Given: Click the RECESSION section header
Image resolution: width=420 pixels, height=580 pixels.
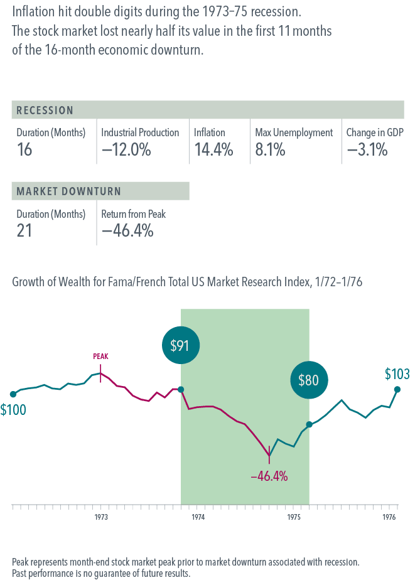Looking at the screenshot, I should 45,110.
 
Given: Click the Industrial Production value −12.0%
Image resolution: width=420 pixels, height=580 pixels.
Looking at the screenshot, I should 126,150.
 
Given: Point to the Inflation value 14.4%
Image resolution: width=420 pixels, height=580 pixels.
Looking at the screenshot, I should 213,150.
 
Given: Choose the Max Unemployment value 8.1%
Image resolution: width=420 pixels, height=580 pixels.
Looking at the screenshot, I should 270,150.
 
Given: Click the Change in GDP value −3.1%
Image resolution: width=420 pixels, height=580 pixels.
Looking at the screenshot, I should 367,150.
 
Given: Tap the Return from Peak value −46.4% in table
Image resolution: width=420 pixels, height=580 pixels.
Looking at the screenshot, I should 127,231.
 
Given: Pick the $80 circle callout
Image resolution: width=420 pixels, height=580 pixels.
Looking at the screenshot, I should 309,380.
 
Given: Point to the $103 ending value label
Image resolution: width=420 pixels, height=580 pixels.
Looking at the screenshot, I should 397,375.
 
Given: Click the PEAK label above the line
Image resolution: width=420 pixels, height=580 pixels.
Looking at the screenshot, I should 100,356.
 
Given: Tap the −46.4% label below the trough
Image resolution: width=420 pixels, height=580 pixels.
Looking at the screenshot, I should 269,476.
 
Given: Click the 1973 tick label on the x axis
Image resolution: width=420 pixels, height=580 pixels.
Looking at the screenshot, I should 100,518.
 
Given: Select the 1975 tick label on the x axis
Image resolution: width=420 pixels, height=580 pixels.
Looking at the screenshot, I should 293,518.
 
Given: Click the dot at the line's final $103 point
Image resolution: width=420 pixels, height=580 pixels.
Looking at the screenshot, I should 397,389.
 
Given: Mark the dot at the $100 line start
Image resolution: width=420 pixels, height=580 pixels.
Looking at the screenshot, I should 13,394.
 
